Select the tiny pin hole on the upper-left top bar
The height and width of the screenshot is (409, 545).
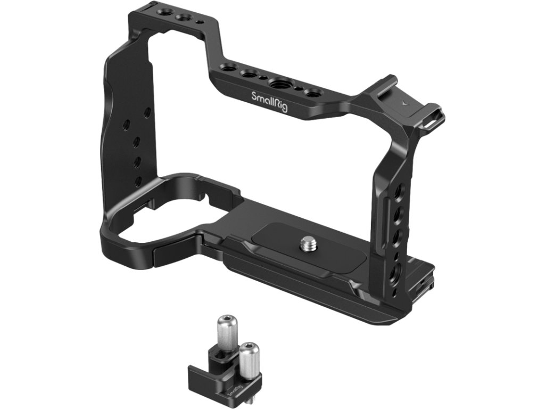(x=198, y=21)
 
